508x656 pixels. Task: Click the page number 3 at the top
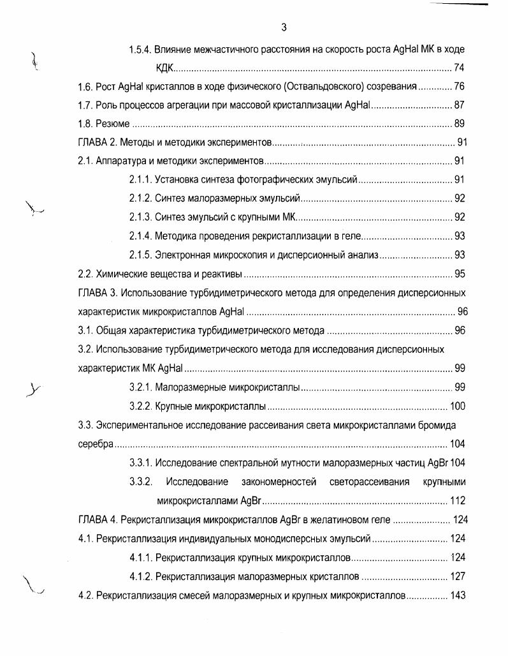tap(284, 27)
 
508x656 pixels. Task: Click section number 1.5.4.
tap(140, 49)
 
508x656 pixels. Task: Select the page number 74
tap(459, 68)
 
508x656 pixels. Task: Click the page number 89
tap(459, 124)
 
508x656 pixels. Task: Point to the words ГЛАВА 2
tap(96, 142)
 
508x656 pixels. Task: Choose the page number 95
tap(459, 274)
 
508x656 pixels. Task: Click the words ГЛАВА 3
tap(97, 293)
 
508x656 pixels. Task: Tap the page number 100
tap(457, 406)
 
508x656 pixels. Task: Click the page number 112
tap(457, 500)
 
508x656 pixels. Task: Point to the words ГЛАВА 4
tap(97, 519)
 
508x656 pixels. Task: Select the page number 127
tap(457, 576)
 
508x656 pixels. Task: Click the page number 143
tap(457, 595)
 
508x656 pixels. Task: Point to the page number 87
tap(459, 105)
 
